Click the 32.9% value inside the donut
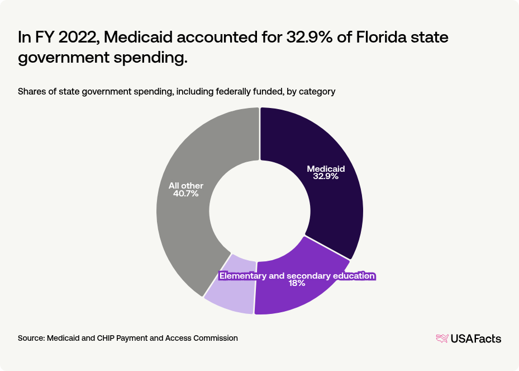tap(326, 176)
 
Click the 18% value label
tap(297, 284)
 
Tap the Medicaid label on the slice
tap(326, 168)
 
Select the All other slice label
tap(186, 186)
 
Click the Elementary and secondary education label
tap(297, 276)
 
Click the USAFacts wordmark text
tap(476, 339)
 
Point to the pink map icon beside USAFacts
tap(442, 339)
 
